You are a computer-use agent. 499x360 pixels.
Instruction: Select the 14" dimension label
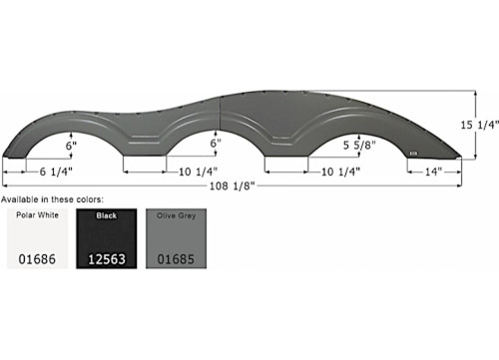[x=434, y=172]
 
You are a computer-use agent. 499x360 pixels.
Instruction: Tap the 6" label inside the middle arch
[x=214, y=144]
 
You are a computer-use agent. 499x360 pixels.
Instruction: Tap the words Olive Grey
[x=174, y=214]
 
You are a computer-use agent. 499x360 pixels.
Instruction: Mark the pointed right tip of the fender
[x=460, y=157]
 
